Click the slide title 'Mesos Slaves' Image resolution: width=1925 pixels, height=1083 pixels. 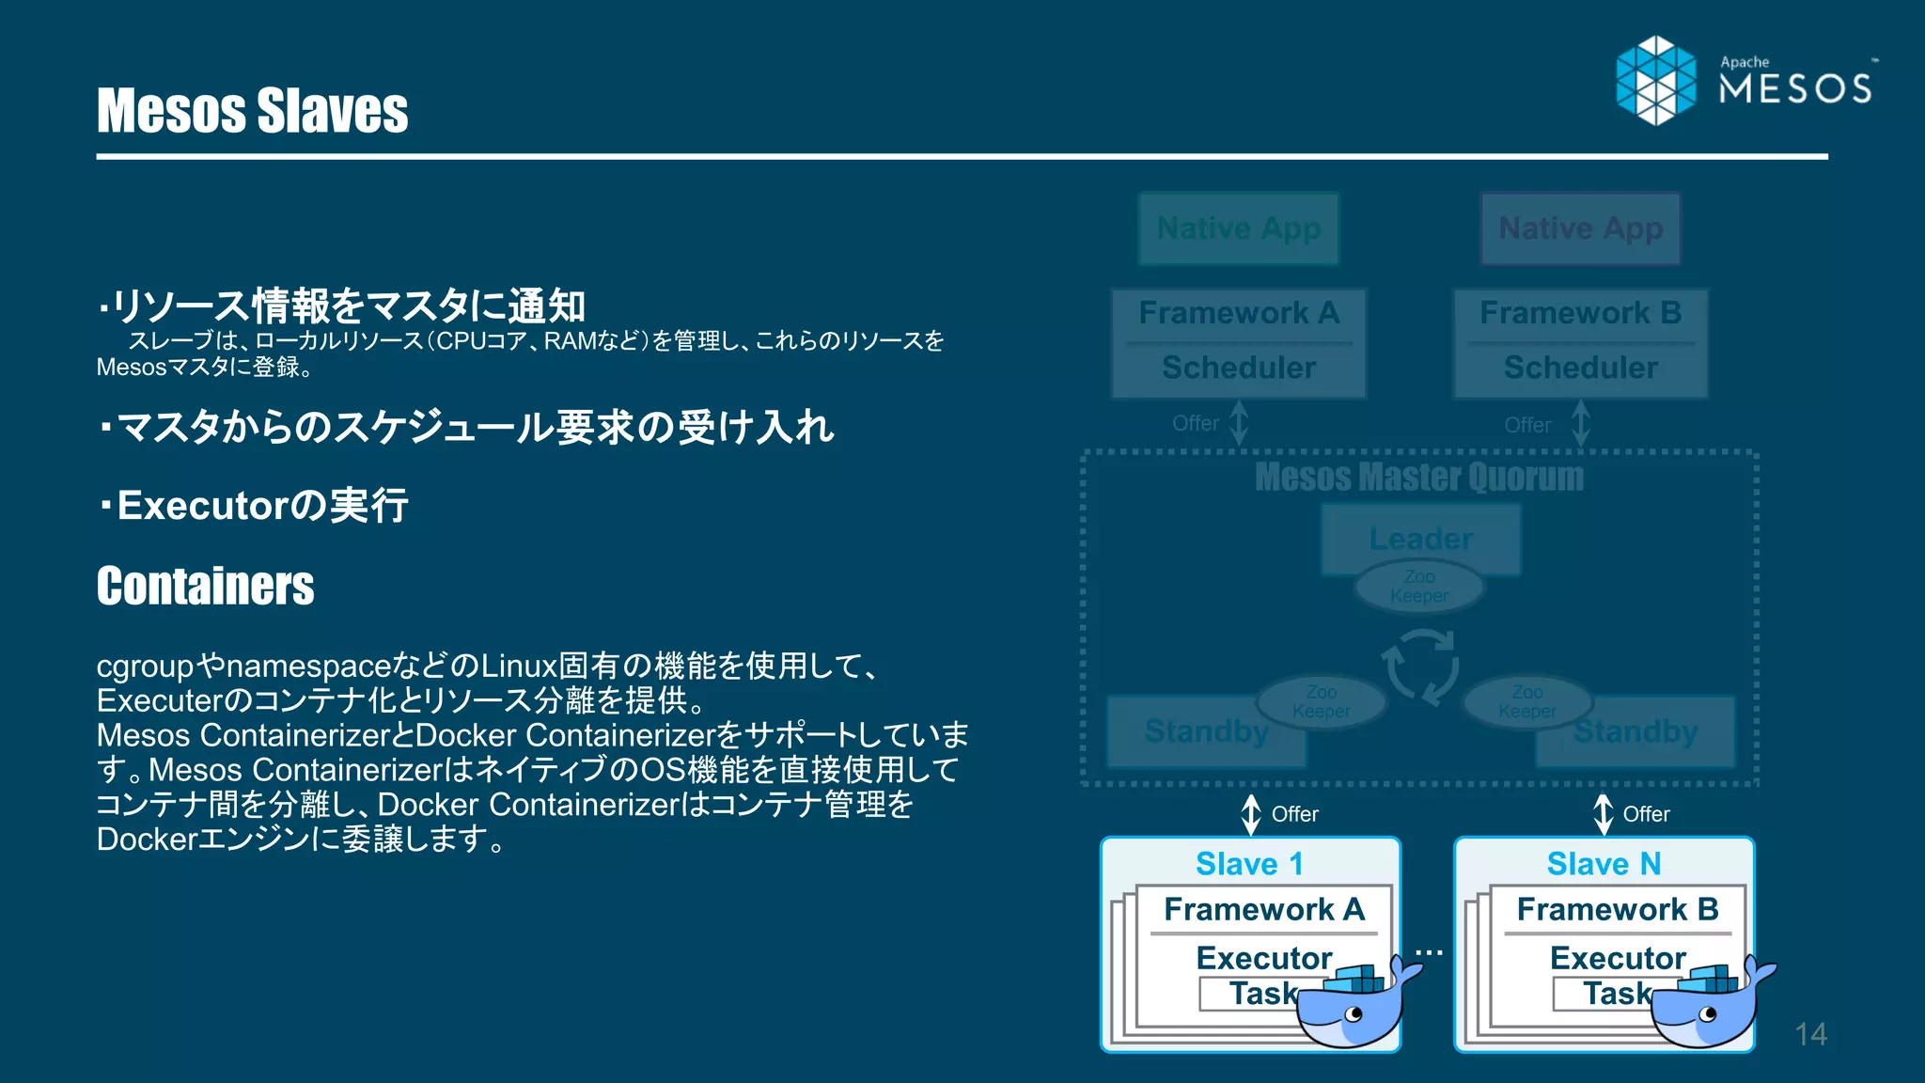pos(252,111)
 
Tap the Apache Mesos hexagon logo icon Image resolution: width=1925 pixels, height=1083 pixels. pos(1656,81)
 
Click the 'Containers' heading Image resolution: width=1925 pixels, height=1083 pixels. pos(205,586)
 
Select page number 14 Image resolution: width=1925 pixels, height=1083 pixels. pos(1810,1034)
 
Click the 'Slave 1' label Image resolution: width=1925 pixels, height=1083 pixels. pos(1249,863)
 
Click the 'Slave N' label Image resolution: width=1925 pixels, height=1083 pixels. pos(1604,863)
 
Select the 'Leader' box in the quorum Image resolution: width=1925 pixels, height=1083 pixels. pos(1420,538)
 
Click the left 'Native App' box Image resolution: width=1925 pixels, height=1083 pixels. pos(1238,228)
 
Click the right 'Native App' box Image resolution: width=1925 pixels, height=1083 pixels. pos(1580,228)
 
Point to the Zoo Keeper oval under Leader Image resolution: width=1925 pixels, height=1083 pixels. pos(1418,587)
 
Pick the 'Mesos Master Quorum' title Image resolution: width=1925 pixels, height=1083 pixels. pos(1418,477)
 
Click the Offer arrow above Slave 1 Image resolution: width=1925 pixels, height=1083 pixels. pos(1251,814)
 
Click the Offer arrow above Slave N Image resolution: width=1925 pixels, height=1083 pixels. pos(1603,814)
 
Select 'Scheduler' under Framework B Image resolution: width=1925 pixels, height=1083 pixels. pos(1580,368)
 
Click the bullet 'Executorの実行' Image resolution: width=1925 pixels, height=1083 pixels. pos(254,506)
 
